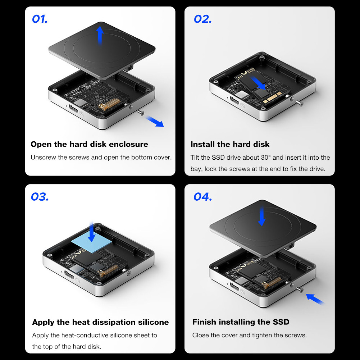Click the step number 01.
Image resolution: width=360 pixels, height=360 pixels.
[40, 19]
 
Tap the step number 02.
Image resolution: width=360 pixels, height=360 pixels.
[202, 19]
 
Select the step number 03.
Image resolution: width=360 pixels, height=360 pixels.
[40, 197]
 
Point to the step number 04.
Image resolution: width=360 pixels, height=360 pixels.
[203, 197]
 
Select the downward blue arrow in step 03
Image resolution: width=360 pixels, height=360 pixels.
[92, 232]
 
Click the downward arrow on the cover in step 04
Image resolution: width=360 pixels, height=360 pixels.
[262, 216]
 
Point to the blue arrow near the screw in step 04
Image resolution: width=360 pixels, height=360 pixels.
[315, 299]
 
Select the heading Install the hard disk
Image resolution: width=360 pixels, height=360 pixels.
[230, 144]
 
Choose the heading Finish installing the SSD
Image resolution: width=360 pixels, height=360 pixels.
[241, 322]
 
